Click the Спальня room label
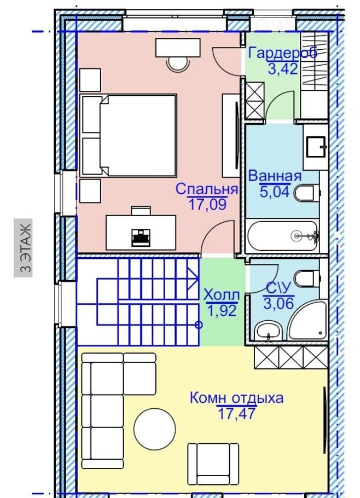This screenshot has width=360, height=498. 207,189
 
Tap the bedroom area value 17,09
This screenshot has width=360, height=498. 207,204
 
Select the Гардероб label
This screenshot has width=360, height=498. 282,53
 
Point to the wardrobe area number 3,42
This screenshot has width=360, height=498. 283,68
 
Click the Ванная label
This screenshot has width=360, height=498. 275,176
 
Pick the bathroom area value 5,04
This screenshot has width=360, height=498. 275,192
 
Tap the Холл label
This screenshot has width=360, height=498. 222,295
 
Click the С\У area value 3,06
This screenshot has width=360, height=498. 278,303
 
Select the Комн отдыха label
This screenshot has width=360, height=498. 236,398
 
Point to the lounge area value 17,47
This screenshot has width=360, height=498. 236,414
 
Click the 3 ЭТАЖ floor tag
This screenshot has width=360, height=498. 23,248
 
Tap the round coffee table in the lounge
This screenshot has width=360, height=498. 155,428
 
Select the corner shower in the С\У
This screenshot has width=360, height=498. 307,320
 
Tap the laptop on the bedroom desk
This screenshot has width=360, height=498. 141,236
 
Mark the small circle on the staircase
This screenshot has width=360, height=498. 199,325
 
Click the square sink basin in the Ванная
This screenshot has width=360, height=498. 316,147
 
